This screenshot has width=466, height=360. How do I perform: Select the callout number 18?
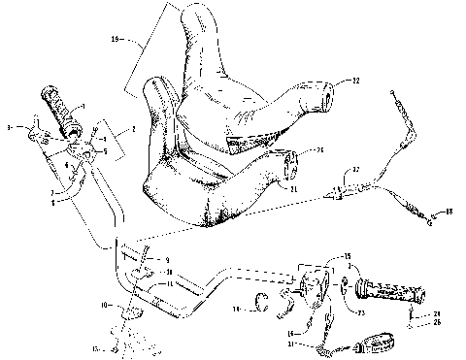(449, 210)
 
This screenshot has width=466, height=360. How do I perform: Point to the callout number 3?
(9, 126)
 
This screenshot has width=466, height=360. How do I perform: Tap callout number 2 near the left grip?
(134, 126)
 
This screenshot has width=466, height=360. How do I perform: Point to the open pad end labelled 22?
(323, 94)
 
